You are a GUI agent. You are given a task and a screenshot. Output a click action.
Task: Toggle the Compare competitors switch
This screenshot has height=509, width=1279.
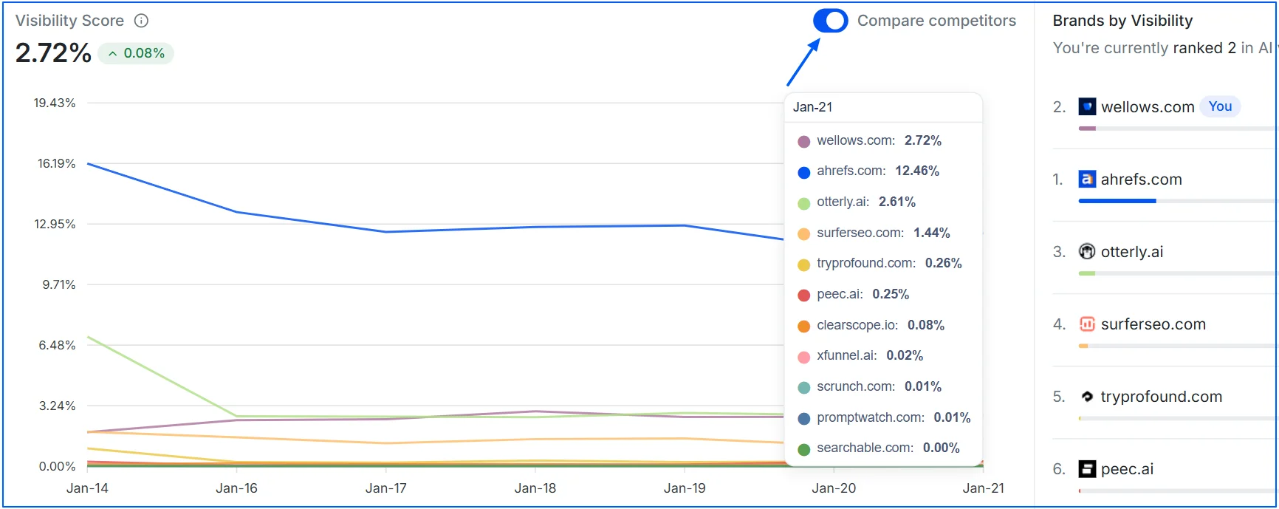point(830,21)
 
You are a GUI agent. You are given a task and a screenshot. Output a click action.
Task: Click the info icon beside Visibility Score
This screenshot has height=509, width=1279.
point(141,21)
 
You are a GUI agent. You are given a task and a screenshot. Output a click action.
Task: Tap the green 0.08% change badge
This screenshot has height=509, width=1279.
point(137,53)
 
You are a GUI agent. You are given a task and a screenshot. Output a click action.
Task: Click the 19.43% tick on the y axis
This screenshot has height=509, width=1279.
point(54,103)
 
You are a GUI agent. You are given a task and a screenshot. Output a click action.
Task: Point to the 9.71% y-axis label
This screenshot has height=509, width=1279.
point(58,284)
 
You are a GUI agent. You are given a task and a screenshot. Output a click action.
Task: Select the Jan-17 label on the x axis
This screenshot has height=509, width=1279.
point(385,488)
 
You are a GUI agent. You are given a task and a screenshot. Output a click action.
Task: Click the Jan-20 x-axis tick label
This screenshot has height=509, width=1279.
point(833,488)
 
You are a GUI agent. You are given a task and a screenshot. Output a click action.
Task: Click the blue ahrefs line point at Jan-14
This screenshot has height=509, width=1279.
point(88,164)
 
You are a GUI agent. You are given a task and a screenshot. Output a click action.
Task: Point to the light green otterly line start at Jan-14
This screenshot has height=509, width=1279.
point(88,338)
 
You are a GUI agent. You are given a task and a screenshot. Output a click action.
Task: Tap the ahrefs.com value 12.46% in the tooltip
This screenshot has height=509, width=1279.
point(917,171)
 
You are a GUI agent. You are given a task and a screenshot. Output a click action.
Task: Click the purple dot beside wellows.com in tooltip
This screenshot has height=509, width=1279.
point(803,141)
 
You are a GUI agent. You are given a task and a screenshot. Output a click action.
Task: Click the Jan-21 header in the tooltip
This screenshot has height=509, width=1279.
point(812,107)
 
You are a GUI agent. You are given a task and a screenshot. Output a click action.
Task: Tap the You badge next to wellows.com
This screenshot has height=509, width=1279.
point(1220,106)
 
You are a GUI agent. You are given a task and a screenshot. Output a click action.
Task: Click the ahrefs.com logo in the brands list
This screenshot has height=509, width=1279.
point(1087,179)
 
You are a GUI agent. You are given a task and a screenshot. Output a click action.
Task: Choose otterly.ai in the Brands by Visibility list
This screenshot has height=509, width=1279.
point(1131,252)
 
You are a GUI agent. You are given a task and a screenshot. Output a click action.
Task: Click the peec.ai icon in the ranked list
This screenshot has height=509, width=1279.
point(1087,468)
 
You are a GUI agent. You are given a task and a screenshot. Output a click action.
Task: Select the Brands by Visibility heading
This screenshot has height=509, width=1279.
point(1122,21)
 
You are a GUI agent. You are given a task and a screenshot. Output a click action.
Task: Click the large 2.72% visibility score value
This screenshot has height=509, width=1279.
point(53,53)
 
